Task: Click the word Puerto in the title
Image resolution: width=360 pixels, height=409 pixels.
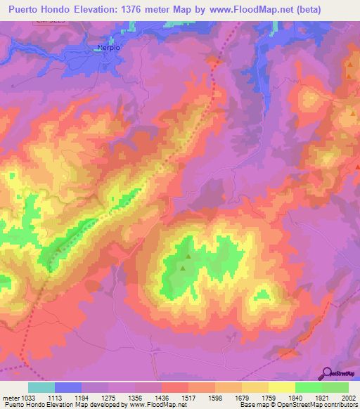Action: click(x=27, y=9)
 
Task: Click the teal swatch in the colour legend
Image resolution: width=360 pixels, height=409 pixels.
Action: click(x=41, y=387)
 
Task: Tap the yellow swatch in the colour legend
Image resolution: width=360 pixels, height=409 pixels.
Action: click(x=282, y=387)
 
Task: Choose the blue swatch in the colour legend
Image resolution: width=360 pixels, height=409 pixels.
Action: click(x=68, y=387)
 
